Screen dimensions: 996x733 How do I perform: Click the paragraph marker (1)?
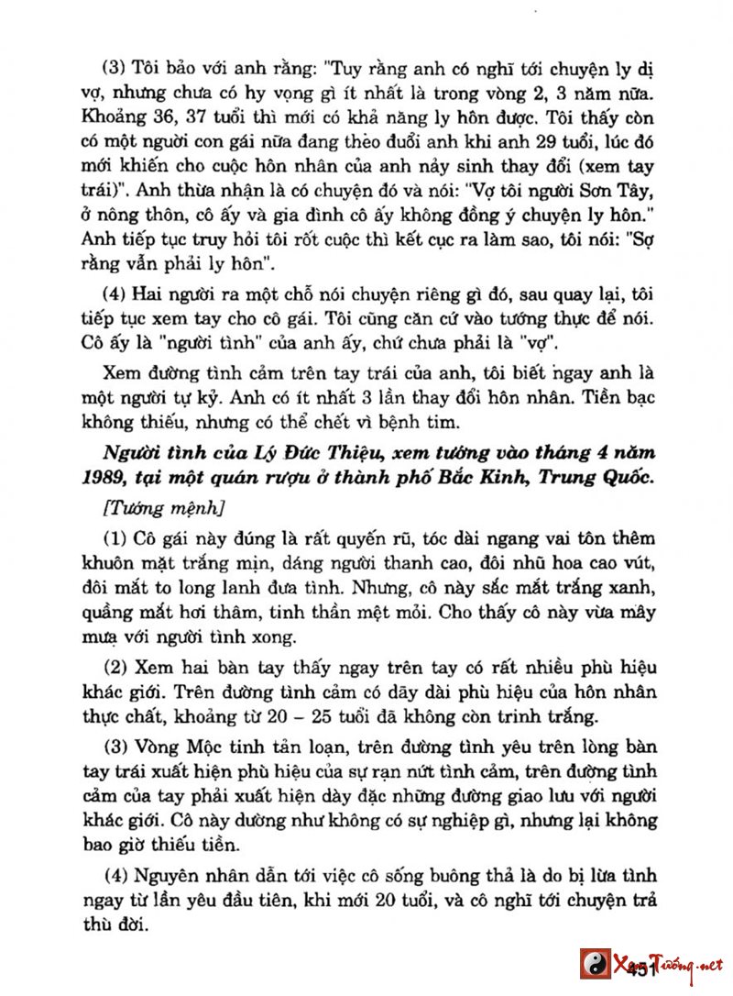tap(117, 538)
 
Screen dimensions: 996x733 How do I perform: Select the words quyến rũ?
tap(348, 538)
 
